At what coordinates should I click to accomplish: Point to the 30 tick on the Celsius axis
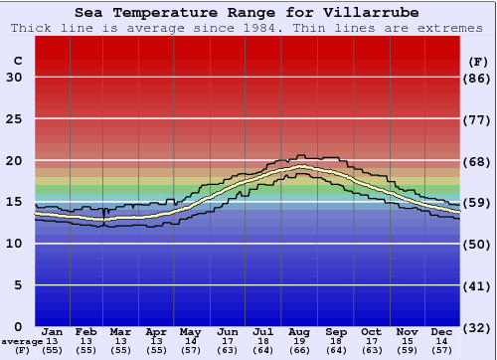(14, 78)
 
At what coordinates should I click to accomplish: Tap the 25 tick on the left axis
(14, 119)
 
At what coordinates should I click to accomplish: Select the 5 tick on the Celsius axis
(18, 285)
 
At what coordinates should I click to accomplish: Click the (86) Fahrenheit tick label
(478, 78)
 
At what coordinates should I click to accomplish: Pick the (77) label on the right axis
(478, 119)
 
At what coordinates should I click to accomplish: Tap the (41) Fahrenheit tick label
(478, 285)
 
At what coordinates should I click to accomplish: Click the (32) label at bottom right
(478, 327)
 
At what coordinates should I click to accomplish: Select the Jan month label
(53, 331)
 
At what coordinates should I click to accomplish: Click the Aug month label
(300, 331)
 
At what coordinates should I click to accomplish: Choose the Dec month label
(441, 331)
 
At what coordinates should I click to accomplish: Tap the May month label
(189, 331)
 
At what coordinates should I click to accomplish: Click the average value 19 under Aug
(300, 341)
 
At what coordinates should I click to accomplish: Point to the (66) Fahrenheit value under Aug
(300, 351)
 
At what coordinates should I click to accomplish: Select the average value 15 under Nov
(406, 341)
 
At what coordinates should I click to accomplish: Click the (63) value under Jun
(228, 351)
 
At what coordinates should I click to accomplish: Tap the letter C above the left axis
(17, 61)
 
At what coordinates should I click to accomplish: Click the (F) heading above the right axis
(478, 61)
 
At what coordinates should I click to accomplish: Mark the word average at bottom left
(22, 341)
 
